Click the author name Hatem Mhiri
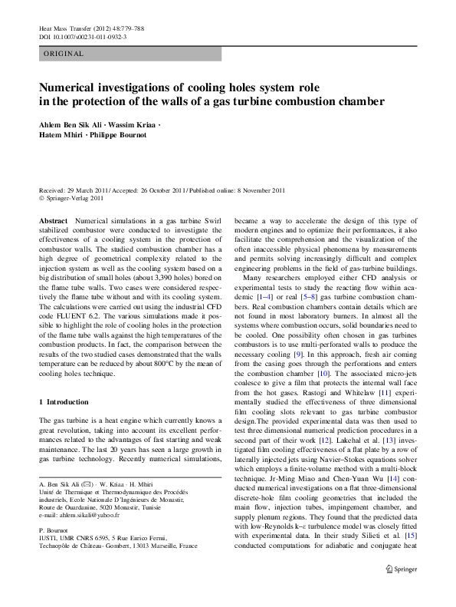tap(60, 135)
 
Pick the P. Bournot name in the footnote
tap(54, 529)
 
